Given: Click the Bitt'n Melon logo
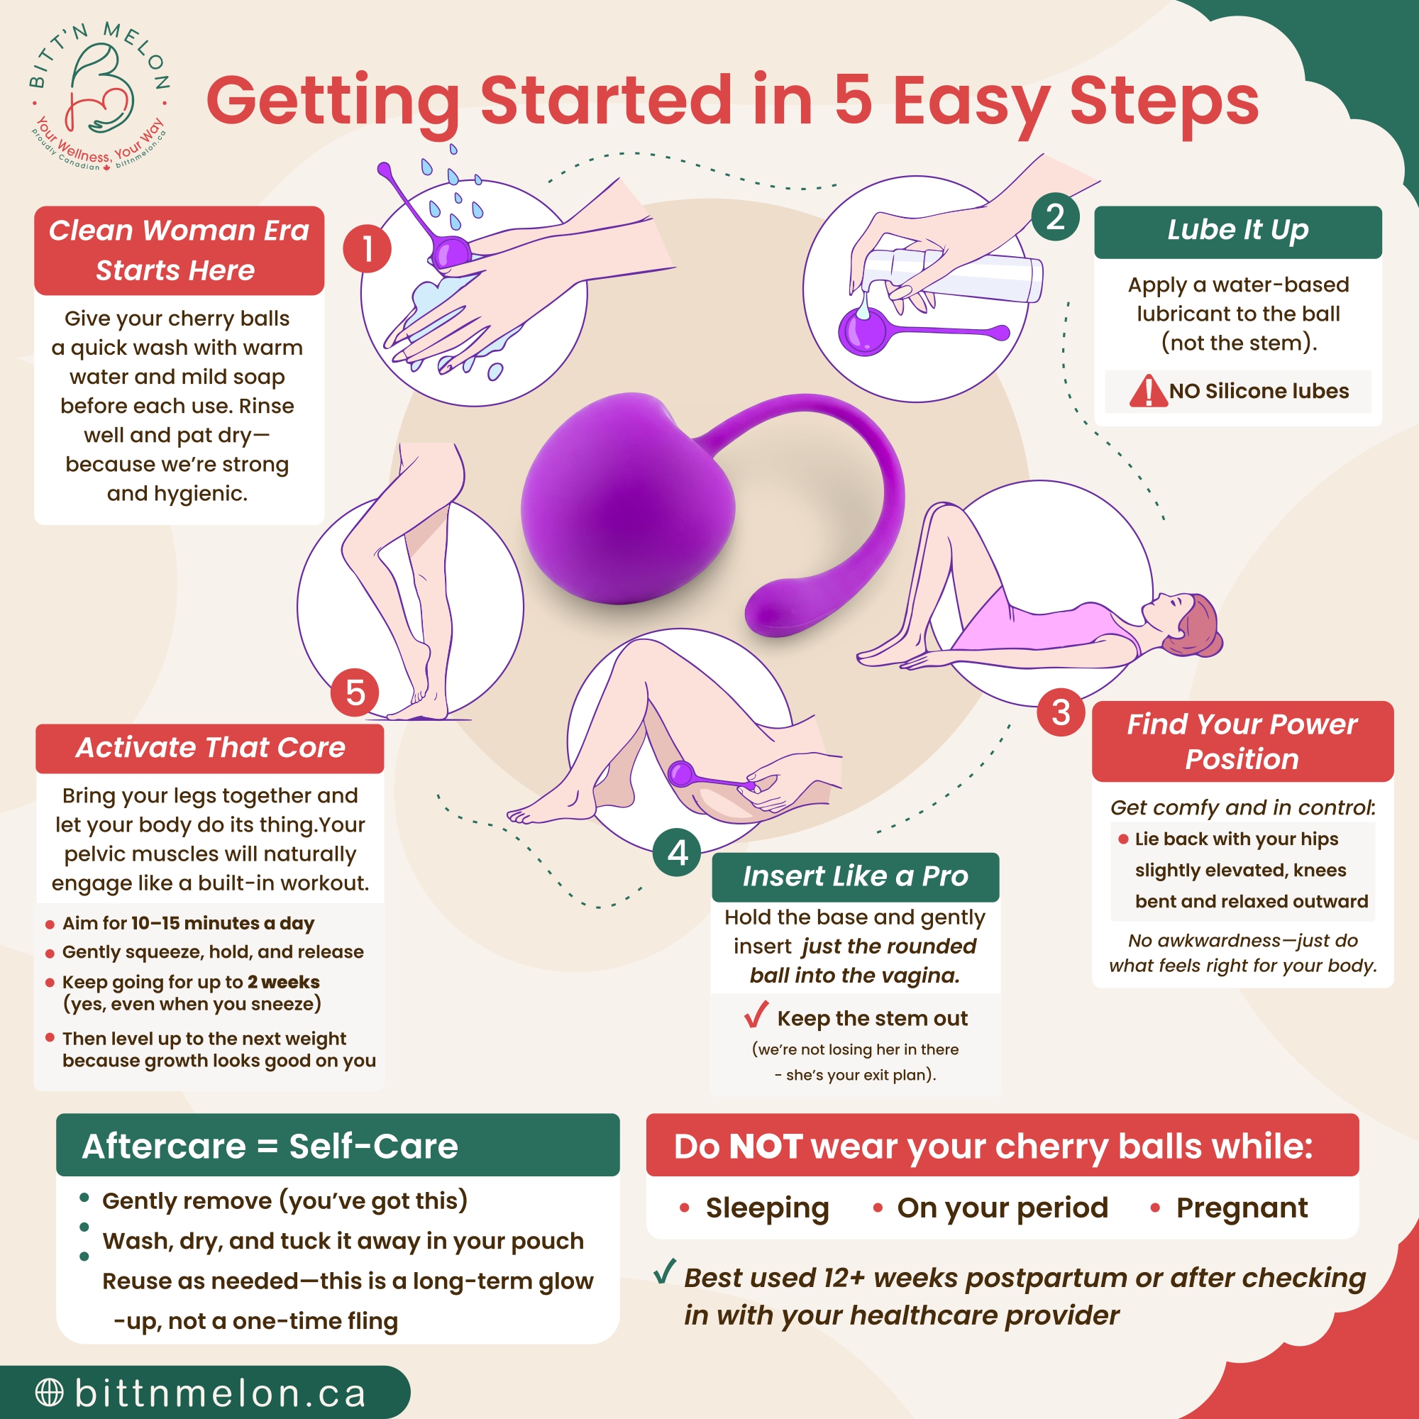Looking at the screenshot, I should pos(99,96).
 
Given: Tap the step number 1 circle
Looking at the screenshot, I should pos(367,248).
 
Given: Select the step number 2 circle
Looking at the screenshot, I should pos(1055,216).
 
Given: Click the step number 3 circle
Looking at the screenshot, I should pos(1061,712).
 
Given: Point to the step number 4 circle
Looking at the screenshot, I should pos(677,852).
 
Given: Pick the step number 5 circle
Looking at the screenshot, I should pos(355,692).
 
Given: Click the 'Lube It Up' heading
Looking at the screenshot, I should pos(1237,231).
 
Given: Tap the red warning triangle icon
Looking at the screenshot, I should pos(1147,391).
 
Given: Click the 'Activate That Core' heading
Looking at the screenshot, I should pos(210,748).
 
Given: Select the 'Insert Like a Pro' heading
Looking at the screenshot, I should pos(855,876).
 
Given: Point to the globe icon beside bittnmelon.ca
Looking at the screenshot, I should pos(49,1392).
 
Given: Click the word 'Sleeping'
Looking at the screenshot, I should pos(767,1208).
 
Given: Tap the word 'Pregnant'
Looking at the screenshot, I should pos(1241,1208).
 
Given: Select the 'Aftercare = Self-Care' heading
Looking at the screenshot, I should pos(270,1146).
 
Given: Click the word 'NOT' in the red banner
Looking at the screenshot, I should pos(765,1147).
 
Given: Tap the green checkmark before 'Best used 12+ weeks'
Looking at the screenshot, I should pos(664,1271).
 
